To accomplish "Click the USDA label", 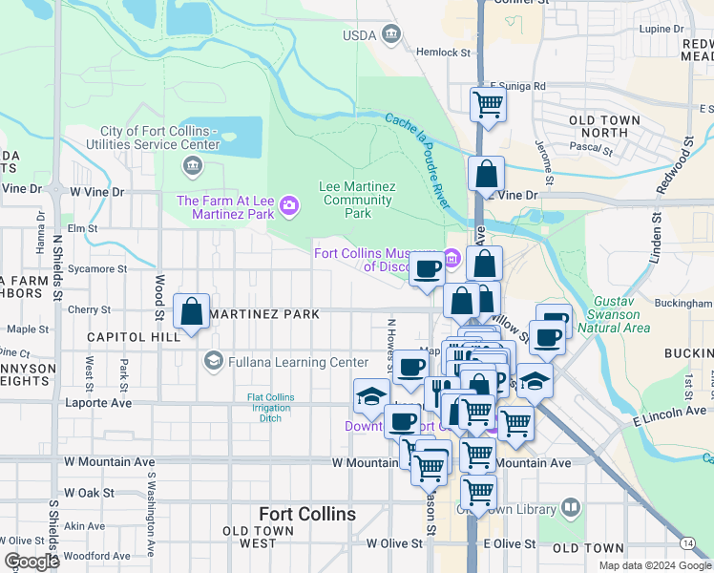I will (x=360, y=36).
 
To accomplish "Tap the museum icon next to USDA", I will (x=390, y=35).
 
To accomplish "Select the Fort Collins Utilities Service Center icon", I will (x=192, y=167).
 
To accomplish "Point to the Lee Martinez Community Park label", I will (x=357, y=200).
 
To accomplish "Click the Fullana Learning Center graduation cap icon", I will (x=213, y=361).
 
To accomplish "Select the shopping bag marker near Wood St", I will (x=192, y=311).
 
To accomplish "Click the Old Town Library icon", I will (x=571, y=507).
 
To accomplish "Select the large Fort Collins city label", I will (x=307, y=514).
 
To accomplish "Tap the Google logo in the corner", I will (x=31, y=562).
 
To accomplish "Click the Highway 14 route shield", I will (x=688, y=543).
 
